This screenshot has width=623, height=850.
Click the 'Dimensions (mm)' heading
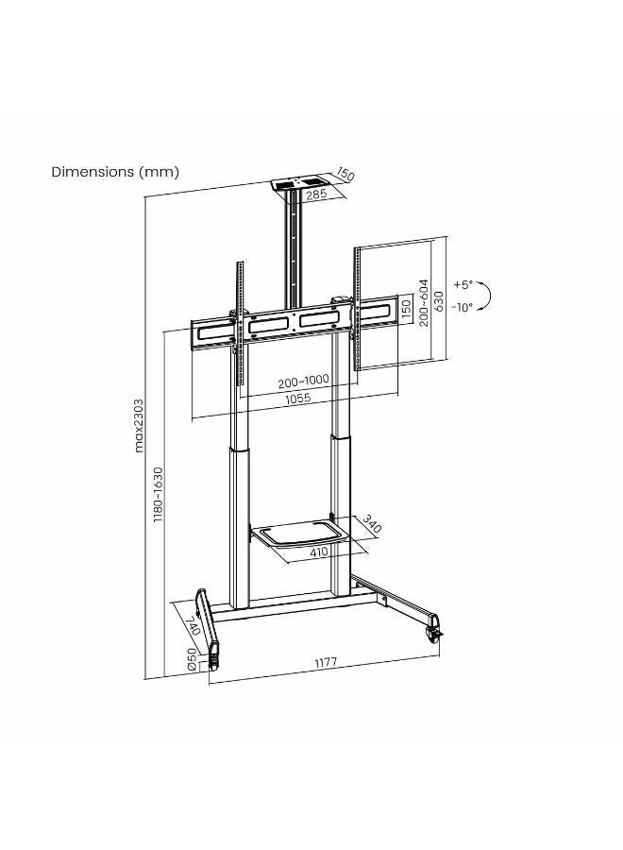pyautogui.click(x=115, y=172)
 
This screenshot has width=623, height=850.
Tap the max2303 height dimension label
pyautogui.click(x=139, y=426)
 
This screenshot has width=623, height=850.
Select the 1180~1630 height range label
pyautogui.click(x=158, y=494)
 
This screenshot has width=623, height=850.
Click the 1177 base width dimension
pyautogui.click(x=326, y=662)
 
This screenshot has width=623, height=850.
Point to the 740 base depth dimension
pyautogui.click(x=193, y=625)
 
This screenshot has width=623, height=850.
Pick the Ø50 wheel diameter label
pyautogui.click(x=192, y=659)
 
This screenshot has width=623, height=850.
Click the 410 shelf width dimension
pyautogui.click(x=318, y=552)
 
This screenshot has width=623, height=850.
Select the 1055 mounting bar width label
pyautogui.click(x=298, y=398)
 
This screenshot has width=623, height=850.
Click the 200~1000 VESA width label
pyautogui.click(x=303, y=382)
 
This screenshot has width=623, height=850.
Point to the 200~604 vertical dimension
pyautogui.click(x=423, y=302)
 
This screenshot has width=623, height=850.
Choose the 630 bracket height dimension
pyautogui.click(x=438, y=301)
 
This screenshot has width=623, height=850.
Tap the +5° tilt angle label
pyautogui.click(x=463, y=284)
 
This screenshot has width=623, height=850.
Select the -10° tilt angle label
pyautogui.click(x=462, y=307)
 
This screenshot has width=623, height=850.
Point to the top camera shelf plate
pyautogui.click(x=297, y=182)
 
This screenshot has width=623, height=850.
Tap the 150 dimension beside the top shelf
pyautogui.click(x=345, y=175)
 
